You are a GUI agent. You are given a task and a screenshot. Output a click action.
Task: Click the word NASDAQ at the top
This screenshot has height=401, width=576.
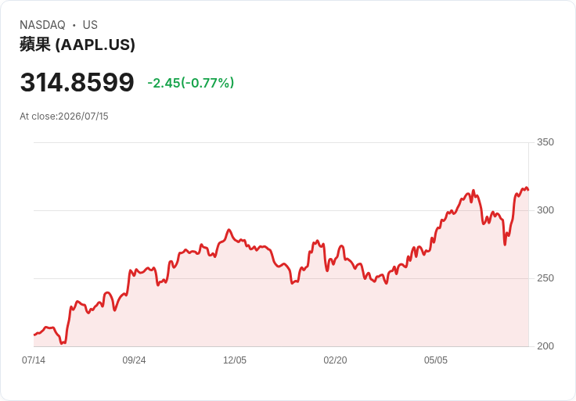[x=42, y=25]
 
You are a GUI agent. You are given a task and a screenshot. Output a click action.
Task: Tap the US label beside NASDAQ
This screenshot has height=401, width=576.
[x=90, y=25]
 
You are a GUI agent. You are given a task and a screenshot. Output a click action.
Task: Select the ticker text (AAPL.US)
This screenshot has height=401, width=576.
[x=95, y=45]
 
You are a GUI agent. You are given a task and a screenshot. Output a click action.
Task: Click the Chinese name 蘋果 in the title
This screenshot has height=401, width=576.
[x=35, y=45]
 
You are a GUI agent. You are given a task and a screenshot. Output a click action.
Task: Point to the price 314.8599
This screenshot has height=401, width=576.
[x=77, y=82]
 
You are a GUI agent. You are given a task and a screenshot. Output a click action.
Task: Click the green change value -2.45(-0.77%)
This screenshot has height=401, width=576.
[x=191, y=83]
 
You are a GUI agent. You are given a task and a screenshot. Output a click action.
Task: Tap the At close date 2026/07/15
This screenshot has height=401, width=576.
[x=84, y=116]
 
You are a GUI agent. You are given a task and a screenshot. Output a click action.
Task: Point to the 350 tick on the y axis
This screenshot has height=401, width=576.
[x=545, y=142]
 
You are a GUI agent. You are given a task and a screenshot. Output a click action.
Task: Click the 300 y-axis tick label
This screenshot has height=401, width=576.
[x=545, y=210]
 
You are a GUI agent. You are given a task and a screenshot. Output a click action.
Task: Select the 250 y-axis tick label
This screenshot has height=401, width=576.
[x=545, y=278]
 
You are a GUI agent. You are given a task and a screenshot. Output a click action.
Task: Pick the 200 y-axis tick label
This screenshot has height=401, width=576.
[x=545, y=346]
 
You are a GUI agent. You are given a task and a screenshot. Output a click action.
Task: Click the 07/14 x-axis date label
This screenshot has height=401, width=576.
[x=34, y=360]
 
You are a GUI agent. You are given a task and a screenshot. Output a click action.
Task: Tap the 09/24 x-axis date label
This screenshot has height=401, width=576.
[x=134, y=360]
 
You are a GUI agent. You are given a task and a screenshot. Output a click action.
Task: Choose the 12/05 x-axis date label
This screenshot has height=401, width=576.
[x=235, y=360]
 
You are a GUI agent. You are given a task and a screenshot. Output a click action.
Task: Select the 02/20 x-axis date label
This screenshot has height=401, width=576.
[x=335, y=360]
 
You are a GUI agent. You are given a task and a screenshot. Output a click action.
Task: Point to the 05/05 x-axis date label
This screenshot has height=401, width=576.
[x=436, y=360]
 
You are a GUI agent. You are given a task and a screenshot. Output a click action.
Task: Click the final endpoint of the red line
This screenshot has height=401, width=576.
[x=528, y=190]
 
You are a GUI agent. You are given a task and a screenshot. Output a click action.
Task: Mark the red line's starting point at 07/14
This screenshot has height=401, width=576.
[x=34, y=335]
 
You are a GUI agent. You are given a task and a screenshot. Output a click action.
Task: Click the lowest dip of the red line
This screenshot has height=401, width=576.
[x=62, y=343]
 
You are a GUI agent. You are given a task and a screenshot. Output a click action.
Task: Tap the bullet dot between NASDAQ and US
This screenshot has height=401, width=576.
[x=74, y=25]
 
